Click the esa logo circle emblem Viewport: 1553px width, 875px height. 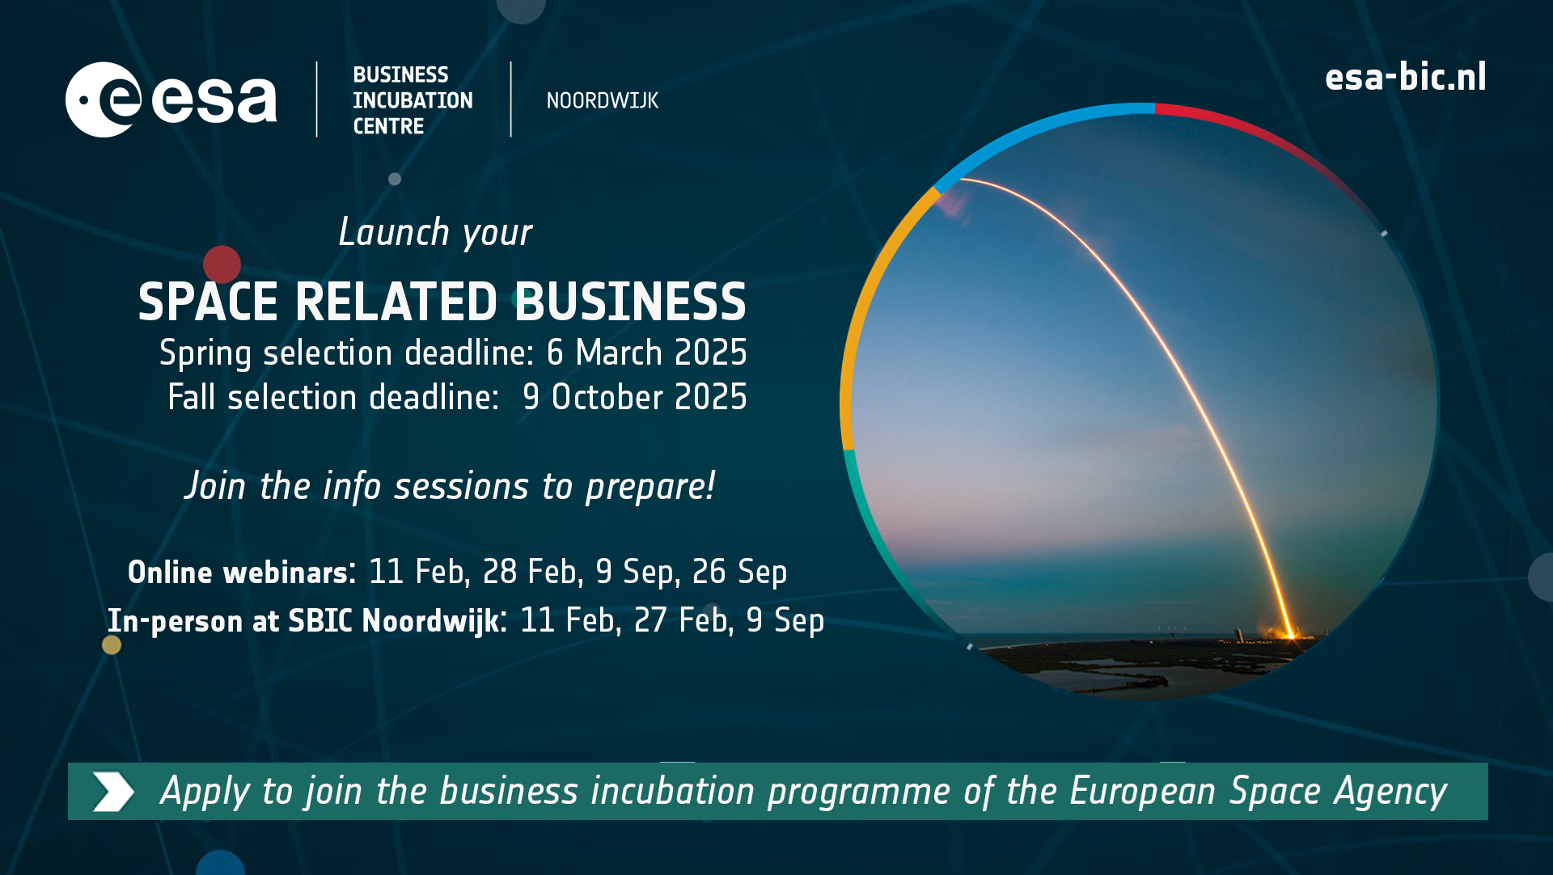[x=104, y=100]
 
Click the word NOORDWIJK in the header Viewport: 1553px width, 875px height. [x=602, y=101]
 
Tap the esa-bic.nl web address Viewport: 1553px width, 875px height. [x=1405, y=78]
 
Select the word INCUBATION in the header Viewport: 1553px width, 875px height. [x=413, y=100]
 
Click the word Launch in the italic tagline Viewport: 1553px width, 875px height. [x=393, y=233]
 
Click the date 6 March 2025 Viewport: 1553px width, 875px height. [x=646, y=353]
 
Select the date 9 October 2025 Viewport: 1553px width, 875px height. [x=634, y=398]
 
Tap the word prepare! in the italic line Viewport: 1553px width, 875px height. [x=650, y=487]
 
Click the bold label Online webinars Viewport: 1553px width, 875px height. [x=238, y=573]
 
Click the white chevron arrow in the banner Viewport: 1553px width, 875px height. [x=112, y=791]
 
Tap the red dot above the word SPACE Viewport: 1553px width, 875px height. [x=222, y=264]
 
